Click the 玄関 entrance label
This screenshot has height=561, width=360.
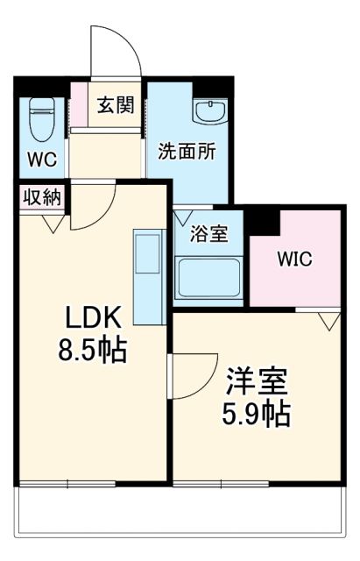(115, 106)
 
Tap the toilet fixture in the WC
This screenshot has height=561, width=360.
(41, 121)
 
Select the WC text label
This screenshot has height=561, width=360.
(41, 162)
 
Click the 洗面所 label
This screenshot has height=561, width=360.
(186, 150)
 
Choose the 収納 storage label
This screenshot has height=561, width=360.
(41, 197)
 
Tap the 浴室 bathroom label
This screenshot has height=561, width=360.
(211, 234)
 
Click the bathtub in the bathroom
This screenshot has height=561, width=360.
(209, 279)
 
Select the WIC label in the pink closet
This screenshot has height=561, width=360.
(294, 259)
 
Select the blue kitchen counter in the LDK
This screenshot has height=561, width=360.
(147, 277)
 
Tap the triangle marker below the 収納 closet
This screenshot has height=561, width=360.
(51, 224)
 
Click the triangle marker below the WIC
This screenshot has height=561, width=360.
(330, 321)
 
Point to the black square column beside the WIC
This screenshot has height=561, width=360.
(264, 223)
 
